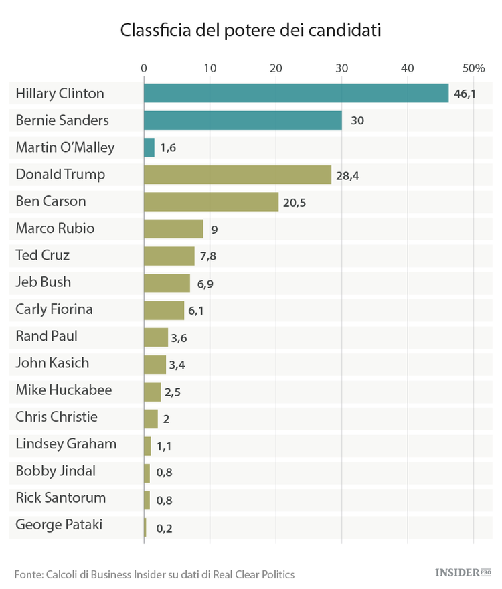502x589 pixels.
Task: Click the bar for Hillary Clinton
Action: [x=296, y=94]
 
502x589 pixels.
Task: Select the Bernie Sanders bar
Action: [x=243, y=120]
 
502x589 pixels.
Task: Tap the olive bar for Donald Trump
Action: [x=238, y=175]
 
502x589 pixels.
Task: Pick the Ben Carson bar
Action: [x=211, y=201]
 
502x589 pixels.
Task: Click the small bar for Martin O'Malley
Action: [x=149, y=147]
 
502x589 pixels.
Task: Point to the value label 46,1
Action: [x=465, y=94]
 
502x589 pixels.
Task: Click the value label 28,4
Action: [x=347, y=175]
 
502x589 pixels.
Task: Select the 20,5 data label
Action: [x=295, y=202]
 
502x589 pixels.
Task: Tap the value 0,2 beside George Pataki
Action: [x=163, y=528]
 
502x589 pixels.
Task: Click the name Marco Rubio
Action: [x=55, y=228]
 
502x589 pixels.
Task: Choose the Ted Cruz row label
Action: [x=42, y=255]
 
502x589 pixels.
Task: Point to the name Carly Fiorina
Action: [x=54, y=309]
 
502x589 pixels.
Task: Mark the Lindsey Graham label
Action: [x=66, y=444]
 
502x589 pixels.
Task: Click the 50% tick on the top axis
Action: [x=473, y=68]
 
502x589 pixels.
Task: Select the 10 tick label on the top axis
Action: [x=210, y=68]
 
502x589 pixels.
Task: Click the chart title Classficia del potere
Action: [x=250, y=31]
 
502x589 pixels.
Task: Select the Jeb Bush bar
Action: [x=167, y=282]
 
